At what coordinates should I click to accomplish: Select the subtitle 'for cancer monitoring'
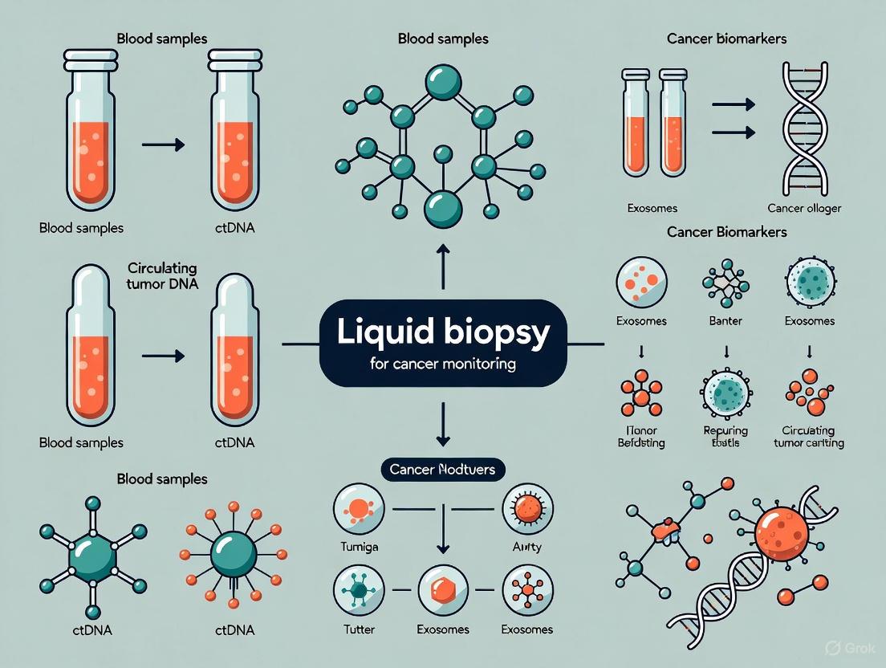442,364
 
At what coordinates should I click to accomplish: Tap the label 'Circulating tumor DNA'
164,275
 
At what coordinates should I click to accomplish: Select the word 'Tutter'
358,629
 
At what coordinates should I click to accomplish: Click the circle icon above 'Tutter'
358,592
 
